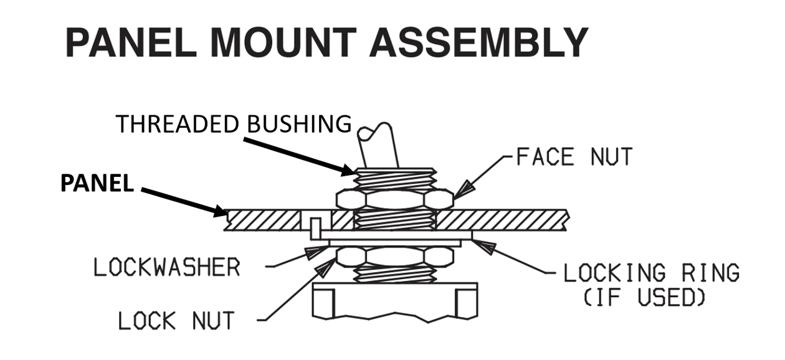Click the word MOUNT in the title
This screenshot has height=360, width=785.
285,43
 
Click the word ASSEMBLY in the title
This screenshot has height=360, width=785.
480,43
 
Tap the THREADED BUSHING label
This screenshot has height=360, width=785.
234,124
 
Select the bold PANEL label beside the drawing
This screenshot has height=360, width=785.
97,184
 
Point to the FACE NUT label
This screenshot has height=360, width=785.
574,156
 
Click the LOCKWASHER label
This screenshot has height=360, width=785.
166,267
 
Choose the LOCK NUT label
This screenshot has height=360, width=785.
176,321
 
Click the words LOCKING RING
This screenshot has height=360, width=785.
651,273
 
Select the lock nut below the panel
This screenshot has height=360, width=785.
394,256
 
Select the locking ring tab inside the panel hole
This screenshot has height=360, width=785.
316,225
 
